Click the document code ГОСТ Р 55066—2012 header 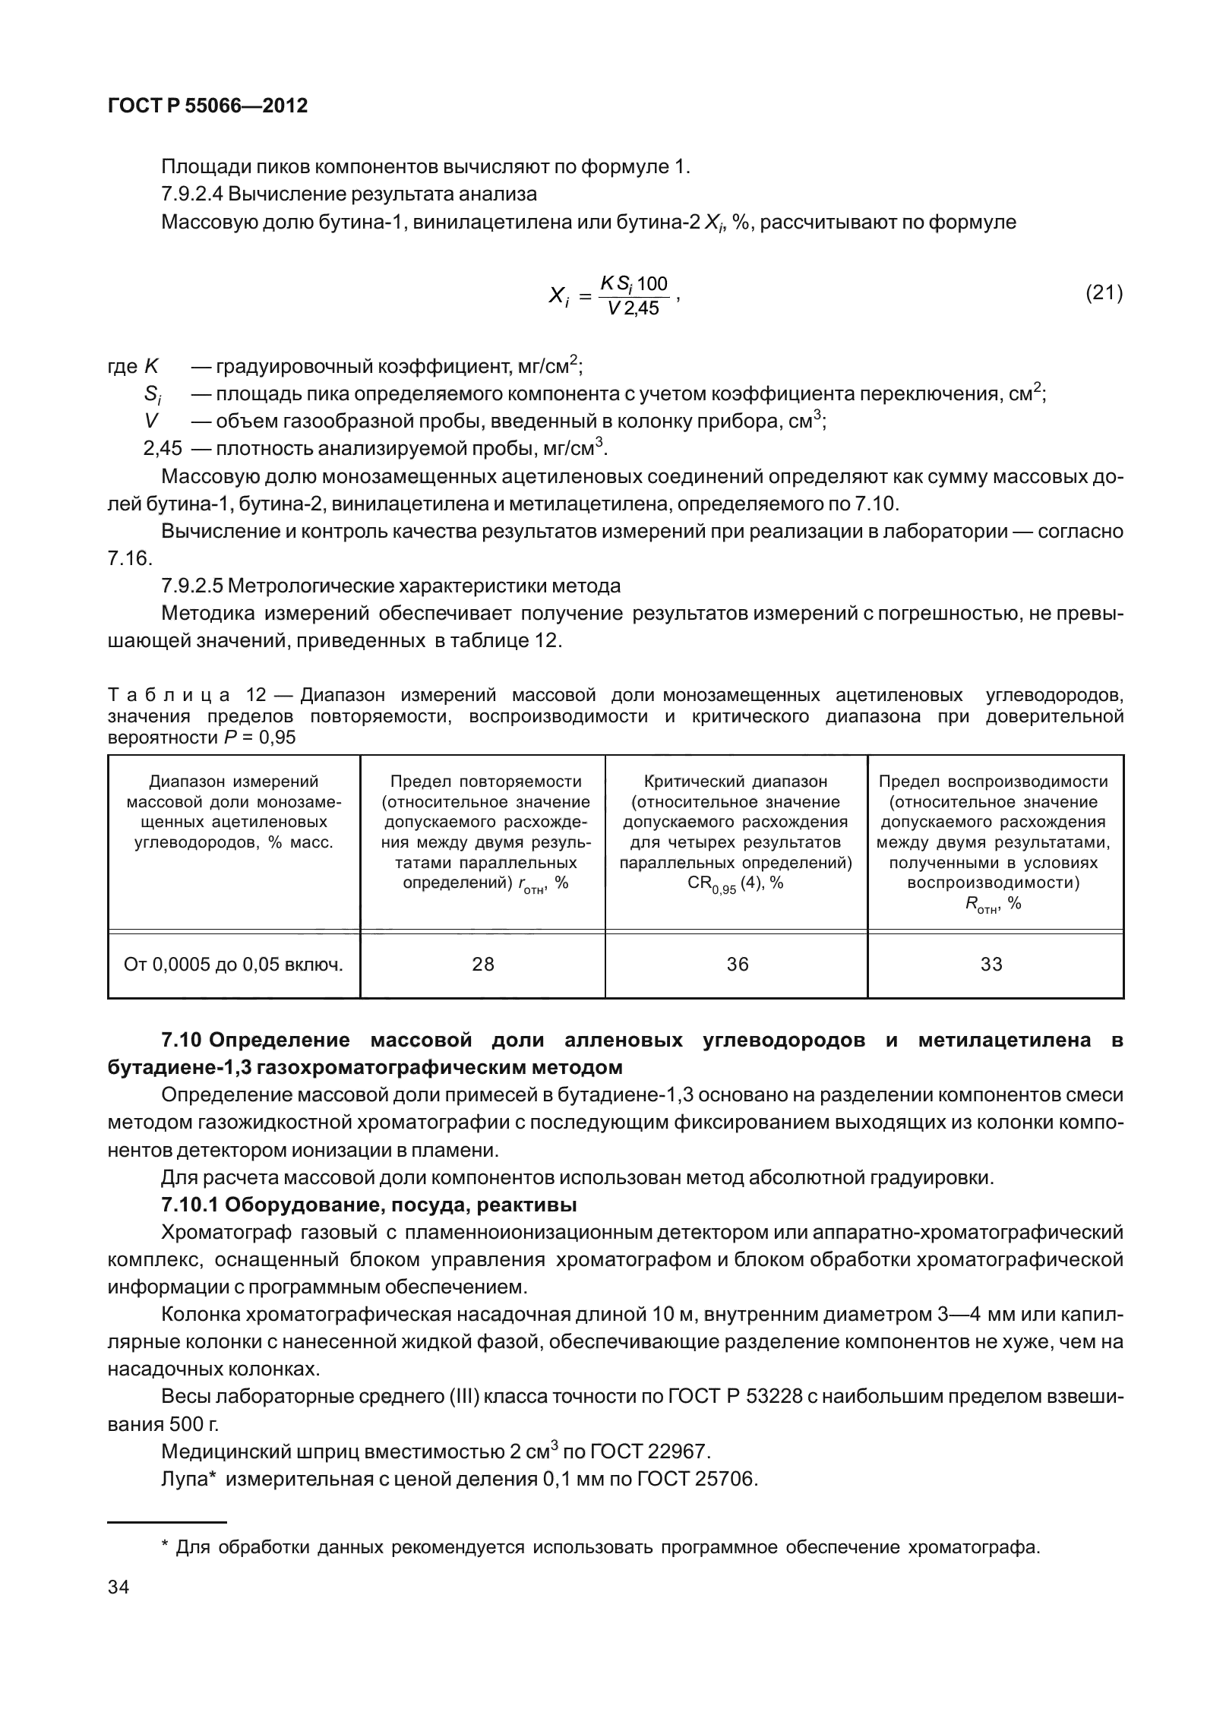(x=207, y=106)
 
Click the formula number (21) (x=1104, y=292)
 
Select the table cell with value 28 (x=482, y=964)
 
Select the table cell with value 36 (x=737, y=964)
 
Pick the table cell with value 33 (x=991, y=964)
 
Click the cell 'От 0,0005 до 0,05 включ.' (x=233, y=965)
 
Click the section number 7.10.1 (x=190, y=1205)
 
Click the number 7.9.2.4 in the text (x=191, y=194)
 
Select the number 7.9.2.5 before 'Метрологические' (x=191, y=586)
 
